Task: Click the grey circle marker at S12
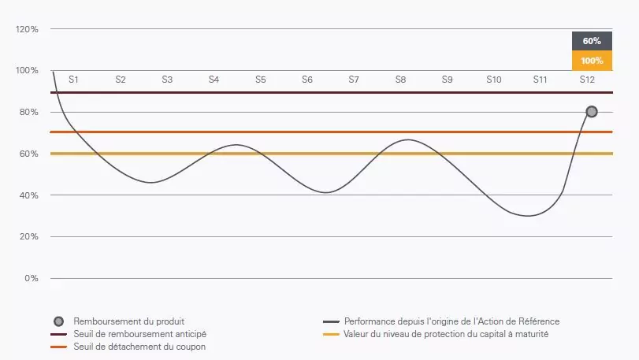click(x=591, y=112)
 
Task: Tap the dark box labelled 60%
click(x=592, y=41)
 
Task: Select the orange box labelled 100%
click(x=592, y=61)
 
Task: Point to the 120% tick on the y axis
click(x=27, y=29)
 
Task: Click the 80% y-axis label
click(x=28, y=112)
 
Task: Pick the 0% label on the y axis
click(x=32, y=278)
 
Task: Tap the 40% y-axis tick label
click(x=28, y=195)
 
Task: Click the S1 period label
click(x=73, y=80)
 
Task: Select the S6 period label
click(x=307, y=80)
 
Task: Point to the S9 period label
click(x=447, y=80)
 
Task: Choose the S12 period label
click(x=587, y=80)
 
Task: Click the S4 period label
click(x=214, y=80)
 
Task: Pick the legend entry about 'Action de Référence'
click(x=451, y=321)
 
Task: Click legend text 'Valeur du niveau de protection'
click(x=446, y=334)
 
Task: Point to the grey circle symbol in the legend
click(x=58, y=321)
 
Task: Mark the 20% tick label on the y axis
click(x=28, y=236)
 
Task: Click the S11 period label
click(x=540, y=80)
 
